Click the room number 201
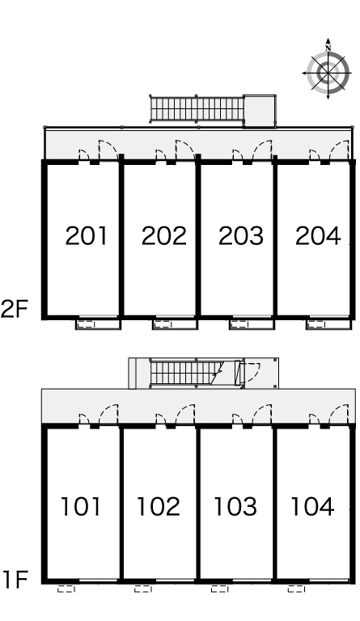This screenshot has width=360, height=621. [x=86, y=235]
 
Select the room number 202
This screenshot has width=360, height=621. [x=163, y=235]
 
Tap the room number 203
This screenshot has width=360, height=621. [x=241, y=235]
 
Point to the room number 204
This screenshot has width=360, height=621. [x=318, y=235]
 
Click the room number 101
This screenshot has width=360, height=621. [x=81, y=506]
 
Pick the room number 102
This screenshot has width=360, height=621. [x=159, y=506]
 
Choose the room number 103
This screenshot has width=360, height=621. [x=235, y=506]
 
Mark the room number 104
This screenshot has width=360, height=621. [x=312, y=506]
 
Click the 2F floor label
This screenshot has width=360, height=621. [x=15, y=310]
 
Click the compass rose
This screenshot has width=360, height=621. [x=328, y=73]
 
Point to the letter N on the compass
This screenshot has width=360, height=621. [x=328, y=49]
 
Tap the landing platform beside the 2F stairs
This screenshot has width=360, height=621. [x=260, y=111]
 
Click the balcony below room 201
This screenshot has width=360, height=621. [x=98, y=324]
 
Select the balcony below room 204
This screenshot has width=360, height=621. [x=328, y=324]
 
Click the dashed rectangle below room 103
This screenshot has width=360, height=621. [x=220, y=589]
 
